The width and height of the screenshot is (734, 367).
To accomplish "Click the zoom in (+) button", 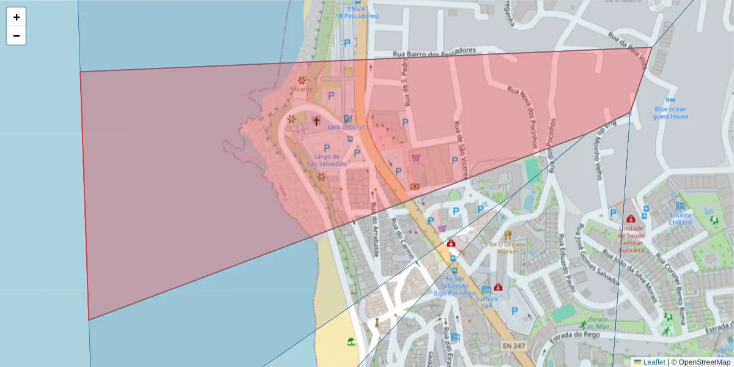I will (17, 17).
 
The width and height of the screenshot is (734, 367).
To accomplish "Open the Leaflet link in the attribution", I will (654, 362).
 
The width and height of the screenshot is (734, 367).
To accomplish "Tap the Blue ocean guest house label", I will (670, 113).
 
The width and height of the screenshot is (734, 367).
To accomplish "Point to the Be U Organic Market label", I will (508, 247).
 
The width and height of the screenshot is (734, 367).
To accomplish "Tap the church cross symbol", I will (316, 120).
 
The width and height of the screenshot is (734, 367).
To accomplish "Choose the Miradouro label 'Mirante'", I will (302, 89).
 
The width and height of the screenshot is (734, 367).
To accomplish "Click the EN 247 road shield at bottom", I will (514, 346).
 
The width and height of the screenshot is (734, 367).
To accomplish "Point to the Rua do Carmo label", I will (402, 239).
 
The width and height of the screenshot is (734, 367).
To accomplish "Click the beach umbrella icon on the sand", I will (350, 341).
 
